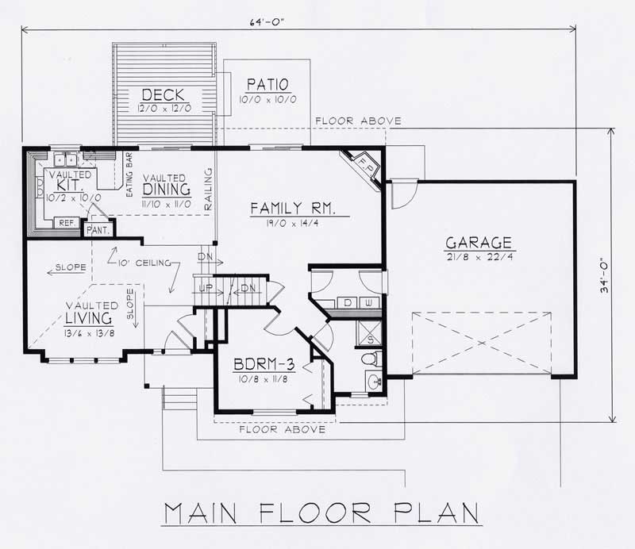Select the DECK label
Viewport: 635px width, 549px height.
point(164,95)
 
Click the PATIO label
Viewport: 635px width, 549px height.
point(267,84)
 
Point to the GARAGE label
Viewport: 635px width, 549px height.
point(478,243)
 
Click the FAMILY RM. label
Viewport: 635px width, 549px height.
point(294,209)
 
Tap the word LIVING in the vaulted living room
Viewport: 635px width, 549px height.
point(87,317)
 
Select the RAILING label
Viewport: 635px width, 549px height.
point(209,189)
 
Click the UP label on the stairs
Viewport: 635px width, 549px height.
point(205,286)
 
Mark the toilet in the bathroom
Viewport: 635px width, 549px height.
point(370,361)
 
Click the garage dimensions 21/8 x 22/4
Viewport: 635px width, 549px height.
point(478,258)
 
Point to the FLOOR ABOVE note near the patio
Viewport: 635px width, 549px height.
point(357,121)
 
